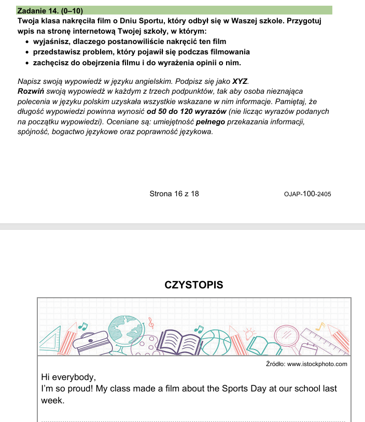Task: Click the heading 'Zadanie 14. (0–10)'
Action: point(50,10)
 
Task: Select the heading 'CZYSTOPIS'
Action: point(193,285)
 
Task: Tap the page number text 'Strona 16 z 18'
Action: point(174,194)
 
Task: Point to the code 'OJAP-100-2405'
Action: point(307,194)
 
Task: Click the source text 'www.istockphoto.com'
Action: point(316,365)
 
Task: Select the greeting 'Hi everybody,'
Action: point(68,377)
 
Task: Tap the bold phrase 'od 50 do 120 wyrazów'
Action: point(187,112)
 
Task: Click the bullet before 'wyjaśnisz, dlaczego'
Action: point(27,41)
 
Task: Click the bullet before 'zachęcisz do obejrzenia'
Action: point(27,63)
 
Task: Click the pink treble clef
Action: point(151,323)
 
